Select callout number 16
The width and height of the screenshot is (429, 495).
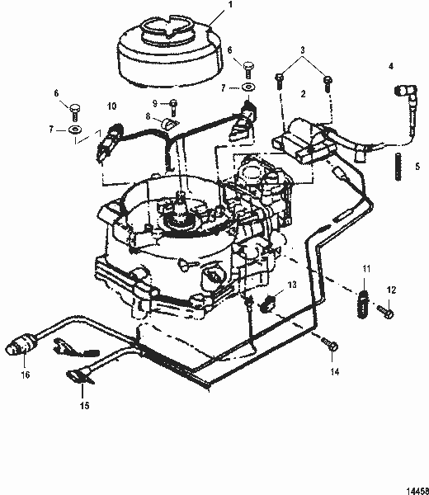(25, 374)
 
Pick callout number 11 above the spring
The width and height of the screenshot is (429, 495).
(367, 269)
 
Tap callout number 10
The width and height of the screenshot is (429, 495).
(112, 106)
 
